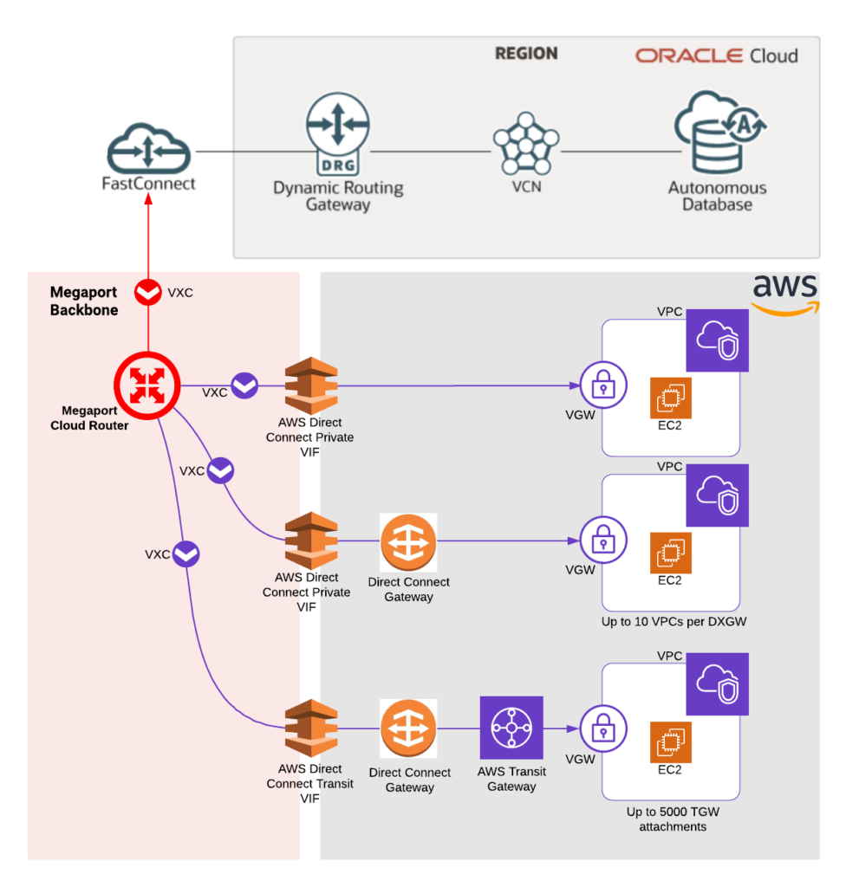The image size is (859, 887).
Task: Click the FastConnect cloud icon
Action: [x=148, y=147]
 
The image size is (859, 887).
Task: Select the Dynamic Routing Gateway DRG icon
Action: [x=338, y=134]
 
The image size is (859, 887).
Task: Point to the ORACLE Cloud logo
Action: [x=716, y=55]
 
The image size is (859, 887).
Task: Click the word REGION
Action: [x=526, y=54]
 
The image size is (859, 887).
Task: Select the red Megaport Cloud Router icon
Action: [x=146, y=386]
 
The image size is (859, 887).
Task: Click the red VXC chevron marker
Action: [x=149, y=293]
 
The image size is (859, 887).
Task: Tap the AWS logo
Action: [x=784, y=295]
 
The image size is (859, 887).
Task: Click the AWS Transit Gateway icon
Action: [x=511, y=728]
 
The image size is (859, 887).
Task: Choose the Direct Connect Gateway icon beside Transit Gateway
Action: [x=408, y=728]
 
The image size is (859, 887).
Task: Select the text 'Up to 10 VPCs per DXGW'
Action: [x=674, y=622]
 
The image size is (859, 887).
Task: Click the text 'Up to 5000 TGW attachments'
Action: [x=673, y=819]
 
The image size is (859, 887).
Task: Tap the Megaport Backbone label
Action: [x=84, y=301]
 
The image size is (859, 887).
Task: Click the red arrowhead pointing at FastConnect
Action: [x=149, y=200]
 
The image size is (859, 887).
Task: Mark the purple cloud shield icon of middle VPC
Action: [x=717, y=495]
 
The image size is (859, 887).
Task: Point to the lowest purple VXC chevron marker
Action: [x=185, y=554]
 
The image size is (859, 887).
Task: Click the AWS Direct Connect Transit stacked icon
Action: [x=311, y=728]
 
